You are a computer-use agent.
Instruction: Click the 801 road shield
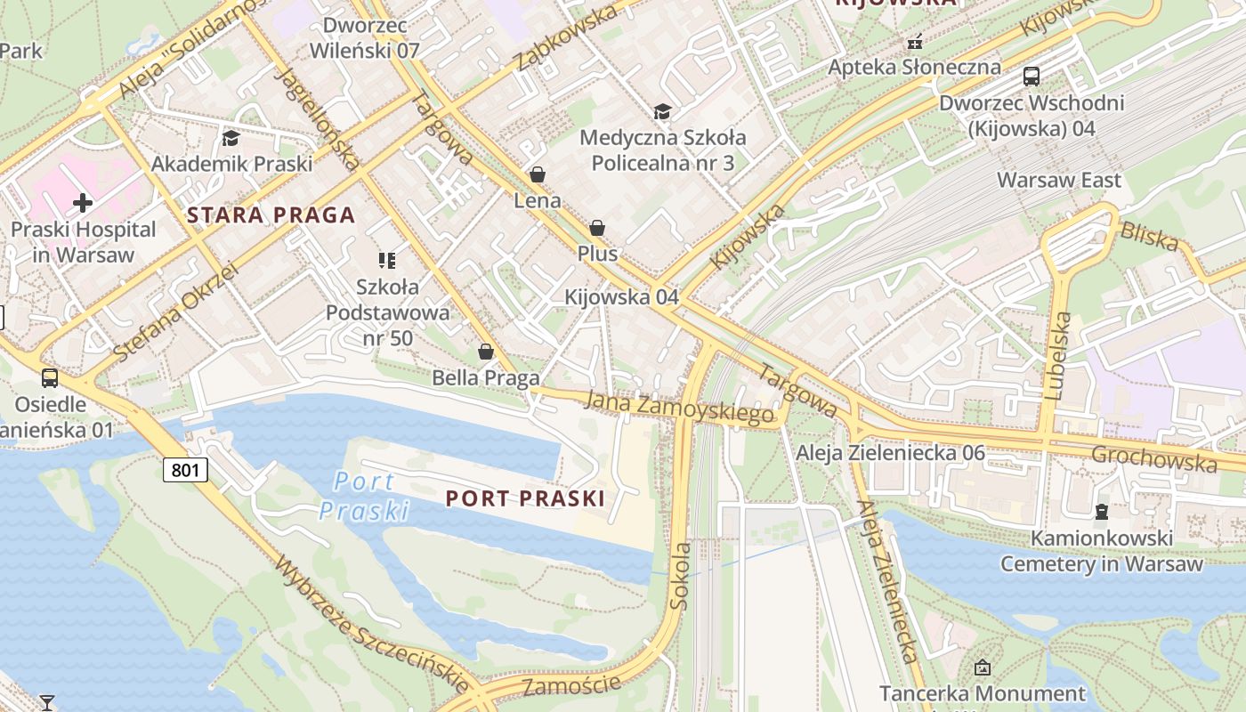coord(185,469)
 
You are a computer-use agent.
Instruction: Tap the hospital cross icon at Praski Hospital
coord(83,203)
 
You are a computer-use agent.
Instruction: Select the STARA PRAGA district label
coord(271,214)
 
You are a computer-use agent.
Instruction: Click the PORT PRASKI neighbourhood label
coord(525,498)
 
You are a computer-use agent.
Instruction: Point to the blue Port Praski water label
coord(364,496)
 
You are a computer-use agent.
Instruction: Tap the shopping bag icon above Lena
coord(537,174)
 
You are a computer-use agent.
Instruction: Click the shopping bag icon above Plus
coord(597,228)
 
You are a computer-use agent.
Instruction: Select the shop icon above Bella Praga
coord(486,352)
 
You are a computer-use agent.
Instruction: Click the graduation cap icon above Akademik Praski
coord(231,138)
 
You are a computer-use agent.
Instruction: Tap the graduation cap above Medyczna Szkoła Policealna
coord(662,111)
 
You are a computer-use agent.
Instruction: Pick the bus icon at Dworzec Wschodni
coord(1032,77)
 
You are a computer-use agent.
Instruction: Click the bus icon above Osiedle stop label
coord(50,378)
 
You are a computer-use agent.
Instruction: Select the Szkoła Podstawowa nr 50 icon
coord(387,261)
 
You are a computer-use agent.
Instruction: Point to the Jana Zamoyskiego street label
coord(678,408)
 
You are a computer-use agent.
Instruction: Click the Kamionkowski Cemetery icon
coord(1102,512)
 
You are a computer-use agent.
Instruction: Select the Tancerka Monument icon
coord(983,667)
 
